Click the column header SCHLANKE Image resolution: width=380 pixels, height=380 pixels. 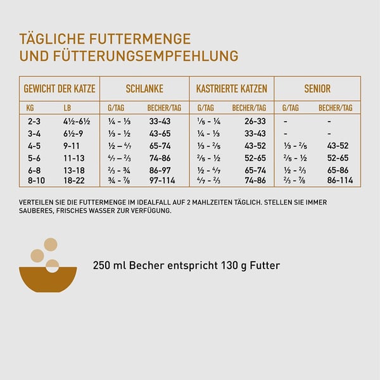pyautogui.click(x=144, y=89)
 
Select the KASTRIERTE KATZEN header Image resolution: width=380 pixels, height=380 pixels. pyautogui.click(x=231, y=89)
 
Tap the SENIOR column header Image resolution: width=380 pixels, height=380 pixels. pyautogui.click(x=317, y=89)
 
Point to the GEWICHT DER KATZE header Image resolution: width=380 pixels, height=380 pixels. pyautogui.click(x=60, y=89)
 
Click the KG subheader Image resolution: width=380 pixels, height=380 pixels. pyautogui.click(x=30, y=108)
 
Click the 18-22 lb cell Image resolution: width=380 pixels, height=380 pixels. pyautogui.click(x=73, y=180)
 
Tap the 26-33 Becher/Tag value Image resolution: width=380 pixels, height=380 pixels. pyautogui.click(x=255, y=121)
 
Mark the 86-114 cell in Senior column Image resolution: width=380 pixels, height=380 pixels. pyautogui.click(x=339, y=180)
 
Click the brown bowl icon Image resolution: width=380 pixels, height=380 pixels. pyautogui.click(x=48, y=279)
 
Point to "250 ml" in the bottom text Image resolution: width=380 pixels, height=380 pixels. pyautogui.click(x=109, y=265)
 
